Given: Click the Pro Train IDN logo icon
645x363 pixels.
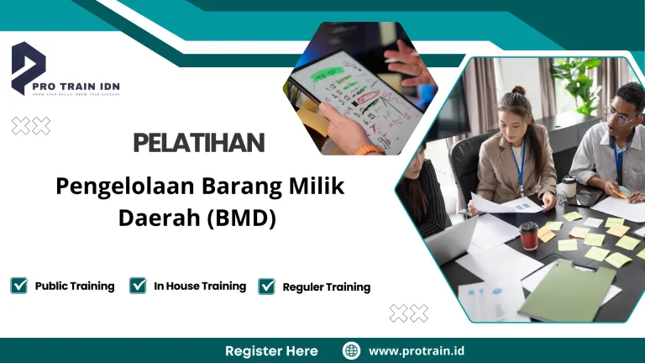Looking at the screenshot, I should (x=29, y=67).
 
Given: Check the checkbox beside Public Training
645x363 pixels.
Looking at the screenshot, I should (x=19, y=286).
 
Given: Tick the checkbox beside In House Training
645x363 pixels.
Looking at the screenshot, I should (x=139, y=286).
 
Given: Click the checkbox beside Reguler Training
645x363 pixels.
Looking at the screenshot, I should (x=267, y=287).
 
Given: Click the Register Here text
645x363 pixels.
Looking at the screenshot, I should (x=271, y=350).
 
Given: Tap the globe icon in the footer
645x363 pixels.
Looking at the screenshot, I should (x=352, y=350).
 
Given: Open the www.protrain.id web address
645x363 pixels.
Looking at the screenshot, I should (x=417, y=350).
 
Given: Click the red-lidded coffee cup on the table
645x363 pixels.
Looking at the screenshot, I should (x=528, y=235).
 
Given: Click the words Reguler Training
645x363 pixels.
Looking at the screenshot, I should (x=326, y=287).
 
